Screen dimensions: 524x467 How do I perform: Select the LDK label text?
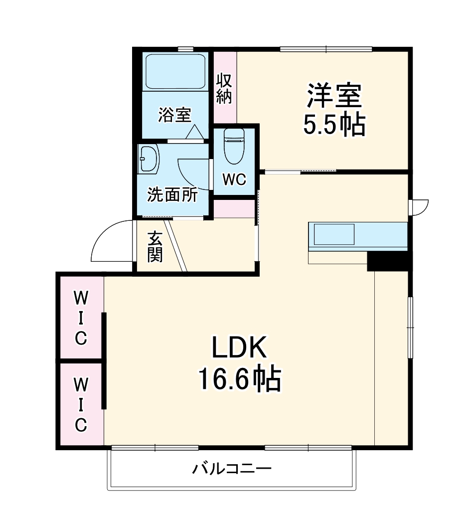pos(240,349)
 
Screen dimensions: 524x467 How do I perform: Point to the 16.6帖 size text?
pos(240,378)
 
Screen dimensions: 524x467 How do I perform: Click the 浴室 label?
pos(174,115)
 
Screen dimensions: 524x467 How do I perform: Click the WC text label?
pos(234,180)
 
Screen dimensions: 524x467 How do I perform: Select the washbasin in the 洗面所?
pos(148,159)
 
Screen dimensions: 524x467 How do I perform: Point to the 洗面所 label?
pos(172,195)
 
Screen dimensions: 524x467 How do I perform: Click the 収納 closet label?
pos(224,89)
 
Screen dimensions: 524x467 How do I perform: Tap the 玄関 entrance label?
pos(155,248)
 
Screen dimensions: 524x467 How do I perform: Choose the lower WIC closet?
pos(81,404)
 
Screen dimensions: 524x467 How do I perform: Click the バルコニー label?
pos(232,469)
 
